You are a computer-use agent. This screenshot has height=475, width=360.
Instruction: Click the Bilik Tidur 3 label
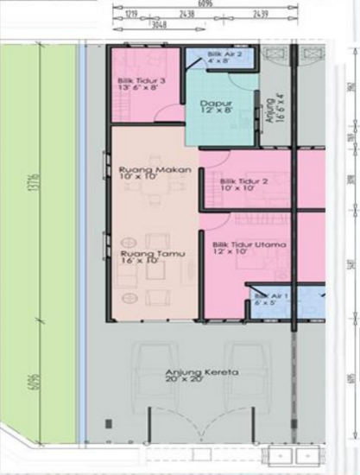pyautogui.click(x=142, y=85)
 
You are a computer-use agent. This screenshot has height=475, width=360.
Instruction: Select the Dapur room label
pyautogui.click(x=212, y=107)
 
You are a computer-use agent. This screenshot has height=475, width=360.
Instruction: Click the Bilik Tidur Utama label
pyautogui.click(x=249, y=250)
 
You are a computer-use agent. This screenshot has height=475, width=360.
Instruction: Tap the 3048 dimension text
pyautogui.click(x=158, y=25)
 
